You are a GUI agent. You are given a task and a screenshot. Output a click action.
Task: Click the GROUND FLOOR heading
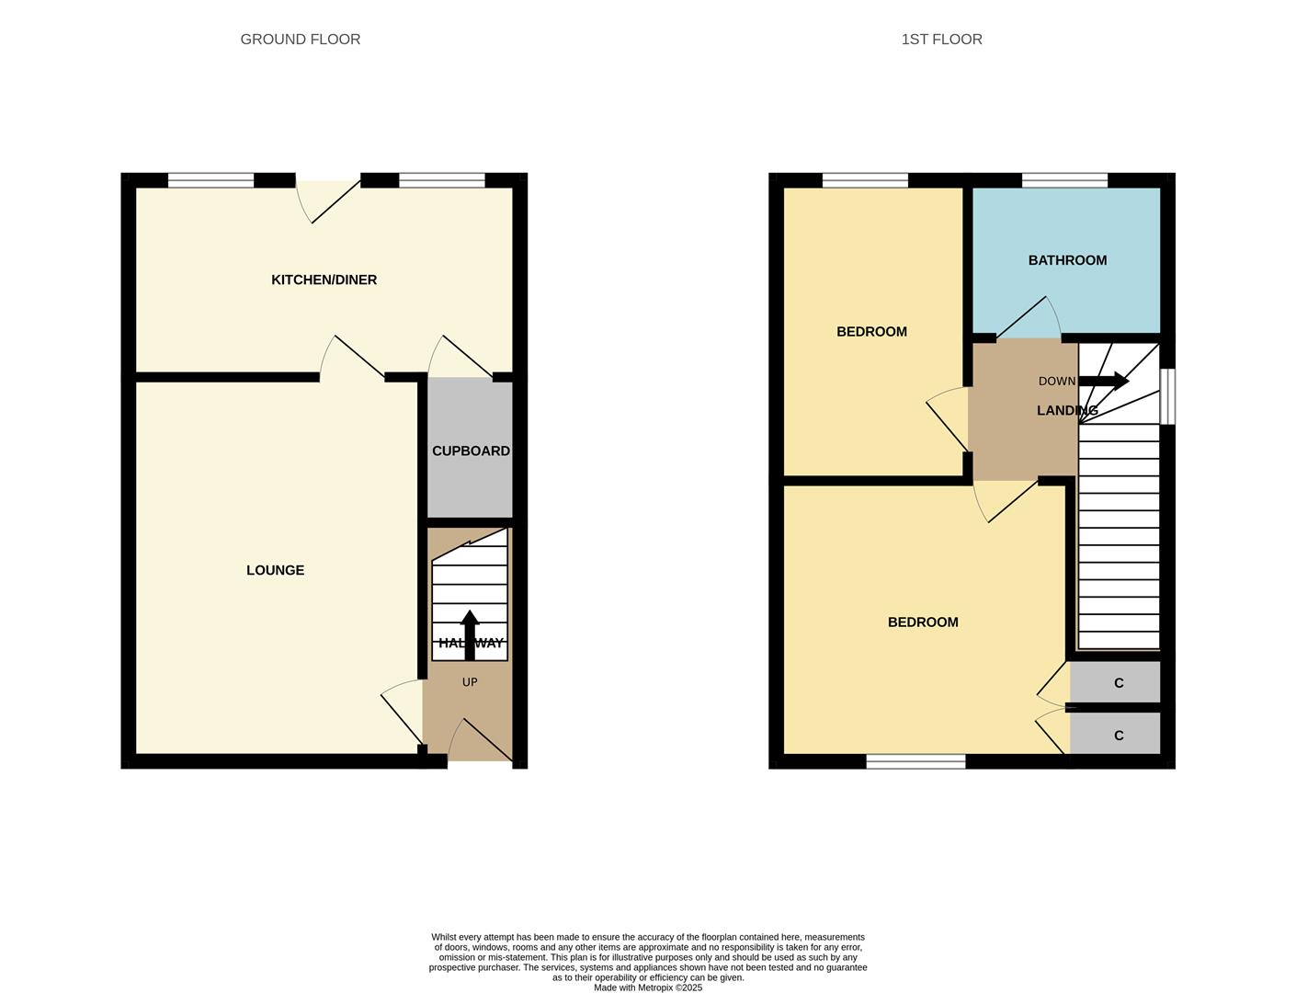pyautogui.click(x=300, y=40)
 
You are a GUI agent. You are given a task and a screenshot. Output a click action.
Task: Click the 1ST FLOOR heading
pyautogui.click(x=941, y=40)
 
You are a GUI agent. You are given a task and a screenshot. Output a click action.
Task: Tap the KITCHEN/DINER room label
pyautogui.click(x=324, y=280)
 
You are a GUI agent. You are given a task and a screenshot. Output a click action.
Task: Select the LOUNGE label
pyautogui.click(x=275, y=570)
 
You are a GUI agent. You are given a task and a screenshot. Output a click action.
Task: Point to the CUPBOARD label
pyautogui.click(x=471, y=451)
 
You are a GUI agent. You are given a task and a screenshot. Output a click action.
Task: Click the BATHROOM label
pyautogui.click(x=1067, y=260)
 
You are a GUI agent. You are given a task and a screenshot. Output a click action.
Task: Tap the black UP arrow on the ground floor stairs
pyautogui.click(x=470, y=634)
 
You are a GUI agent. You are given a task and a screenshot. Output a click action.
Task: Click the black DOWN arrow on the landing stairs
pyautogui.click(x=1104, y=381)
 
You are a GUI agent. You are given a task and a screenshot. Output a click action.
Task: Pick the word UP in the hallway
pyautogui.click(x=470, y=682)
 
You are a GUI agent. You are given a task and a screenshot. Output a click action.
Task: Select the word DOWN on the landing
pyautogui.click(x=1056, y=382)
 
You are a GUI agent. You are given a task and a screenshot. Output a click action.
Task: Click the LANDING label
pyautogui.click(x=1066, y=411)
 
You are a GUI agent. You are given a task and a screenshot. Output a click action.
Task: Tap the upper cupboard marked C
pyautogui.click(x=1118, y=683)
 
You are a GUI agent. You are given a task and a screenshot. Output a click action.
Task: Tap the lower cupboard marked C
pyautogui.click(x=1118, y=736)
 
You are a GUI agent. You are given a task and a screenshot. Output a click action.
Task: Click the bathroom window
pyautogui.click(x=1064, y=180)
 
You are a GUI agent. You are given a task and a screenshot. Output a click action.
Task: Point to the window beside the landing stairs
pyautogui.click(x=1167, y=397)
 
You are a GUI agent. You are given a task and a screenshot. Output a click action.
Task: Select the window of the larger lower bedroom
pyautogui.click(x=915, y=761)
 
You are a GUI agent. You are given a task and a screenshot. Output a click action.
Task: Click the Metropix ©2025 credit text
pyautogui.click(x=648, y=987)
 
